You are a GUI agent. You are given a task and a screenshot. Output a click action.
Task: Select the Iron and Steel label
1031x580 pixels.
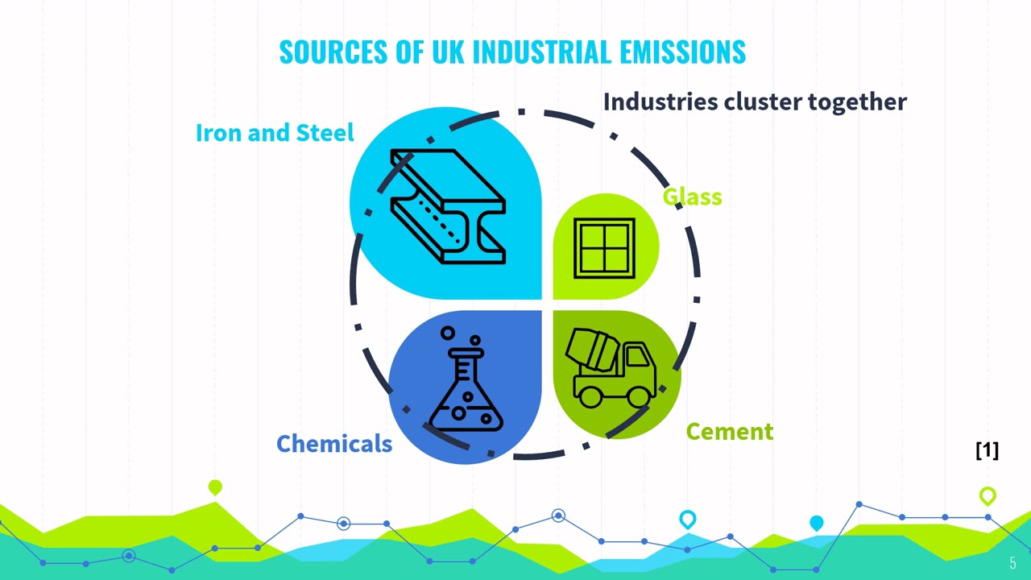275,133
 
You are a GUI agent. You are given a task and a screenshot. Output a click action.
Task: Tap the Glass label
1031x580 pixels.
692,197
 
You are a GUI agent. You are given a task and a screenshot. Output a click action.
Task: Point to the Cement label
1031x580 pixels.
729,432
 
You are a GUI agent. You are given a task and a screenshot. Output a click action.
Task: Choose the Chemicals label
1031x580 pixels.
334,444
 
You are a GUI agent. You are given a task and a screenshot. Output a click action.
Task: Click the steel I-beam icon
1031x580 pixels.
448,206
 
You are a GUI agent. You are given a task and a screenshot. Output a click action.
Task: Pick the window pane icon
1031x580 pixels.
604,248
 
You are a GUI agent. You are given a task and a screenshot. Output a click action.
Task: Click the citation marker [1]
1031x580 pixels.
987,450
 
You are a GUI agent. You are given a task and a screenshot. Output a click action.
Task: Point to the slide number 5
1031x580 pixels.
1012,564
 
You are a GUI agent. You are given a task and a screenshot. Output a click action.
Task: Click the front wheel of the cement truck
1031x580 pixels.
640,396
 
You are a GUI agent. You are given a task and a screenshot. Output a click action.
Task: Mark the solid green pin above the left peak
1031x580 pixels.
215,487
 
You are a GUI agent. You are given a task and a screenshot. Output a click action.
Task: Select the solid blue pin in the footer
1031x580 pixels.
816,524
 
